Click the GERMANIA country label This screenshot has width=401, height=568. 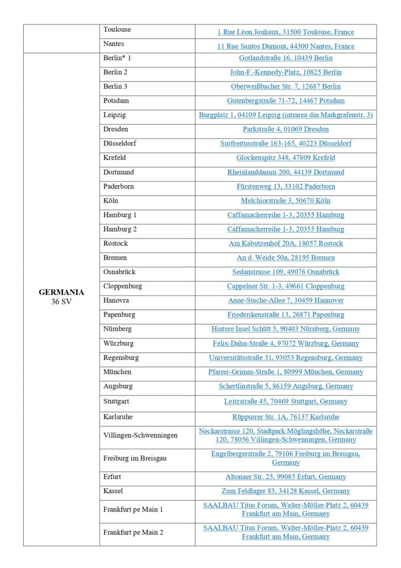(61, 292)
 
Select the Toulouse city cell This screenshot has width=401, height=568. (117, 29)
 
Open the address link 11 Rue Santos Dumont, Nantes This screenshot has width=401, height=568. (286, 46)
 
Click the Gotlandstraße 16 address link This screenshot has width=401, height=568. (286, 58)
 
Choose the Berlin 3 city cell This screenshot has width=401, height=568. (115, 87)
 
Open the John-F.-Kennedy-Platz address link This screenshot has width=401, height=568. (286, 72)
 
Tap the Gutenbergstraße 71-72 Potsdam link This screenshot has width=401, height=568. (286, 101)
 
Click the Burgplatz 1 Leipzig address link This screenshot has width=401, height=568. (286, 115)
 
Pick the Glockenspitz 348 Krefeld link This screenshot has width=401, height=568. (286, 158)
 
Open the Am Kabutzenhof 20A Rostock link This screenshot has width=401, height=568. (286, 244)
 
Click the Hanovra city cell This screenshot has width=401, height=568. (116, 301)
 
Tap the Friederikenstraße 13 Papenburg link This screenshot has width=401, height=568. (286, 315)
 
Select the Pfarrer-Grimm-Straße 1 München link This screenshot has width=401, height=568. (286, 372)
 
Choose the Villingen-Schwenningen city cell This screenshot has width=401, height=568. (140, 435)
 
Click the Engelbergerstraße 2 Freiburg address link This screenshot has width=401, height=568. (286, 458)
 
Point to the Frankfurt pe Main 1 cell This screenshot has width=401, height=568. (133, 509)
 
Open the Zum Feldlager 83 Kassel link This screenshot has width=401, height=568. (286, 491)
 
